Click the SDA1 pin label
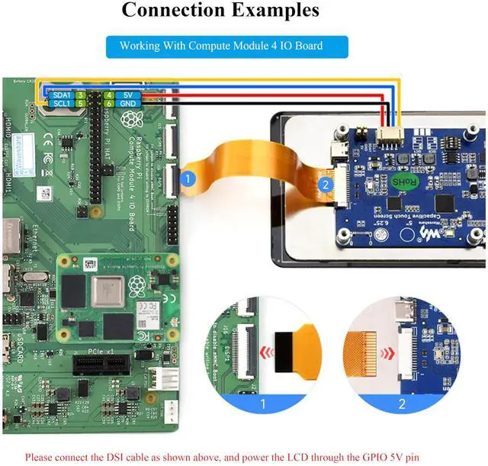tap(60, 94)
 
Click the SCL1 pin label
tap(60, 103)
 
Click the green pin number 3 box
tap(80, 94)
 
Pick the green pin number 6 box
tap(109, 103)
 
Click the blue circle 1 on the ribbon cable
tap(189, 178)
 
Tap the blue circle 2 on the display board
tap(325, 184)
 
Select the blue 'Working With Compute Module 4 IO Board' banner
tap(221, 46)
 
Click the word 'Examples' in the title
tap(278, 11)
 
